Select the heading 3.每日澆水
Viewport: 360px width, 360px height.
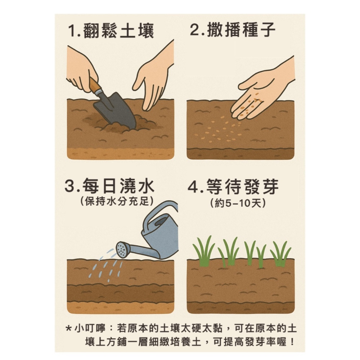(x=109, y=187)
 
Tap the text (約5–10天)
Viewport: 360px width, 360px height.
(x=238, y=203)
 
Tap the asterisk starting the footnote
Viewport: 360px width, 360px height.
(x=68, y=329)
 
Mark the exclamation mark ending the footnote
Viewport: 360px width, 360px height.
(x=292, y=341)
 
